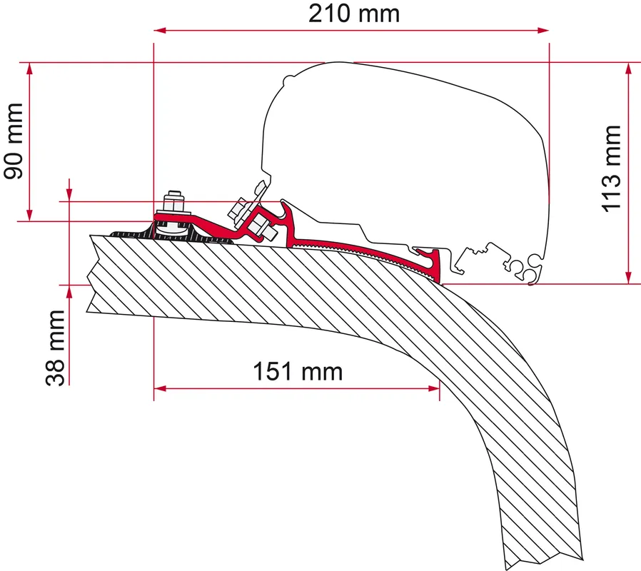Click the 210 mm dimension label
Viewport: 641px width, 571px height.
click(353, 14)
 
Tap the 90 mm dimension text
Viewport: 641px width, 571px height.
click(13, 141)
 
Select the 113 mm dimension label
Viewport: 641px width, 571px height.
click(612, 169)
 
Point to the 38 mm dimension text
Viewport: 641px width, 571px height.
click(55, 348)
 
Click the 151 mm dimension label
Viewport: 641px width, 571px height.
click(298, 372)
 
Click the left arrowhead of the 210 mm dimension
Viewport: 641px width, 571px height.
click(159, 30)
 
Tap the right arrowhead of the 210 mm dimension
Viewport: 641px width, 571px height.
click(543, 30)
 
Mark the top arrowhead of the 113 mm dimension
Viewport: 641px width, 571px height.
click(629, 69)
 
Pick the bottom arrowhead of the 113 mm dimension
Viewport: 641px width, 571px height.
click(629, 278)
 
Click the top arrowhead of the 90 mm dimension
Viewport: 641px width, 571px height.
click(29, 69)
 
